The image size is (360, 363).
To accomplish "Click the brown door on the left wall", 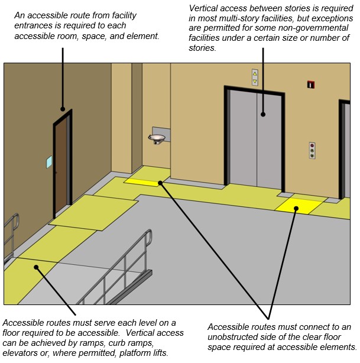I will pos(61,166).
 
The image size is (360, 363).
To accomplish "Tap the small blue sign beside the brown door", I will pos(48,161).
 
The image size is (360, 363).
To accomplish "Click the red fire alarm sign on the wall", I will pos(310,85).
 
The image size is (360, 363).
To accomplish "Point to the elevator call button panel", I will pos(311,151).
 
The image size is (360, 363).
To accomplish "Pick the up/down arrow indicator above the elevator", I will pos(255,77).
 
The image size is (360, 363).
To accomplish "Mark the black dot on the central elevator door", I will pos(263,115).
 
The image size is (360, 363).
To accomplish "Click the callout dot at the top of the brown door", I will pos(63,109).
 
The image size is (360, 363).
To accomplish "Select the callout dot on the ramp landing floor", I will pos(37,267).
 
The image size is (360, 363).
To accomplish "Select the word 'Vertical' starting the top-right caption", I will pos(203,9).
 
